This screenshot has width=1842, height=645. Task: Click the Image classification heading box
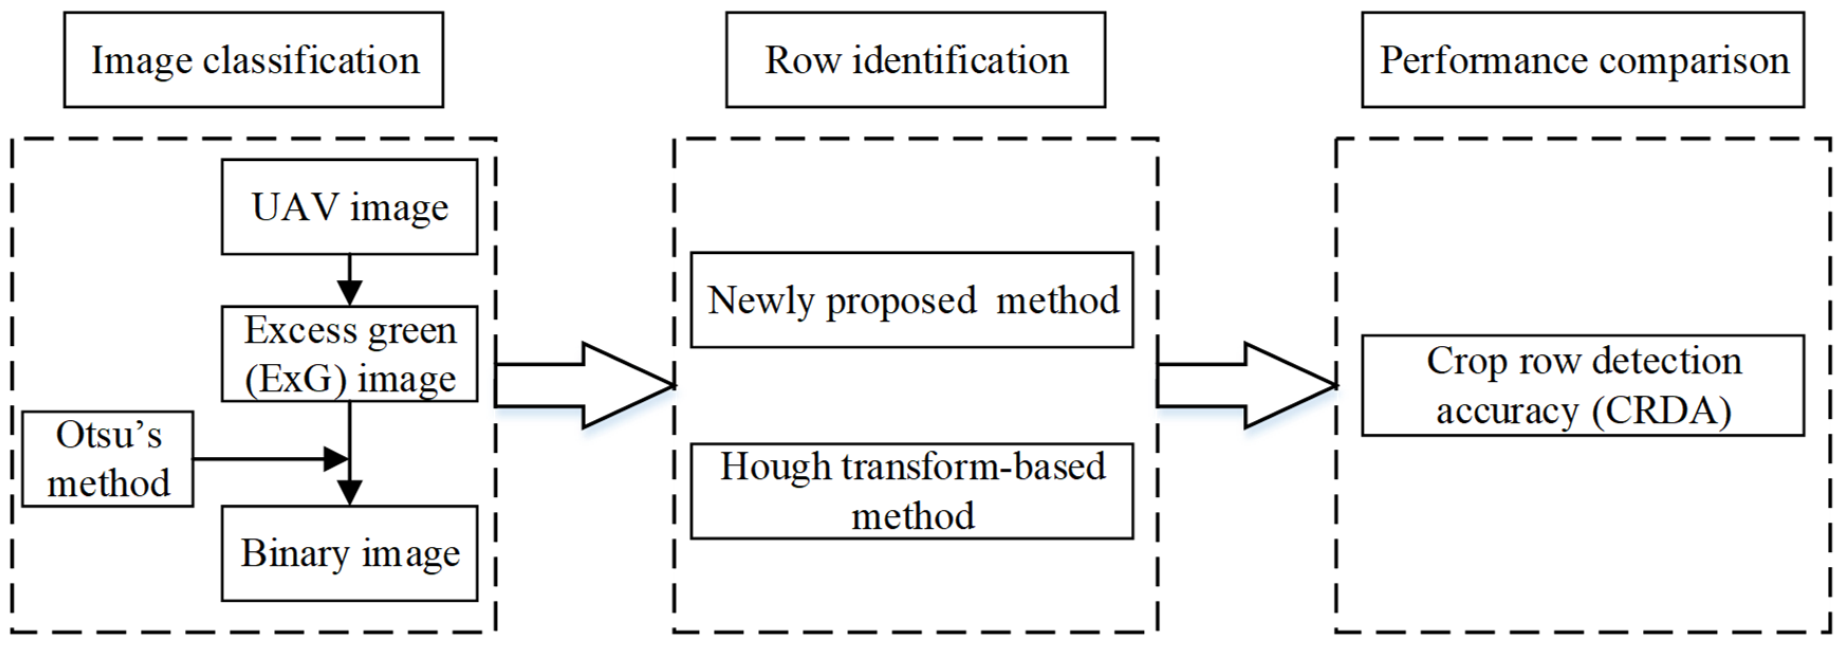[x=253, y=60]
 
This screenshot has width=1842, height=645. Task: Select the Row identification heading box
[x=915, y=60]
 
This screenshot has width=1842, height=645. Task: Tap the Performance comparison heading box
[x=1582, y=60]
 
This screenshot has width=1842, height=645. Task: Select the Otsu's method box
[x=108, y=459]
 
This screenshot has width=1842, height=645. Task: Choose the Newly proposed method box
[x=912, y=300]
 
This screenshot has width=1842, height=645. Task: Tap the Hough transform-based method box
[x=912, y=491]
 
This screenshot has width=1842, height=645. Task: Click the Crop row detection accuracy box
[x=1582, y=385]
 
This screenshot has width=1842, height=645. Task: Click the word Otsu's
[x=109, y=435]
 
